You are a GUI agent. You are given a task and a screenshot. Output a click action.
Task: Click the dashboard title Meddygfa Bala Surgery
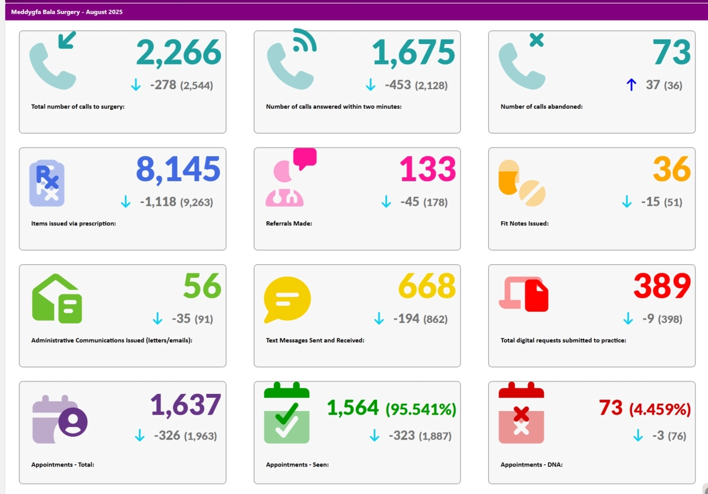point(66,12)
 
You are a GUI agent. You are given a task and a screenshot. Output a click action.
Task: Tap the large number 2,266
point(178,53)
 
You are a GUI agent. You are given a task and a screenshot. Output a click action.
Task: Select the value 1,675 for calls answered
point(413,53)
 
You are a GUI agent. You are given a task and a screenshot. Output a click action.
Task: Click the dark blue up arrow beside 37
point(631,85)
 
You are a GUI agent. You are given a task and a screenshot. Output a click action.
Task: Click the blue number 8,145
point(178,170)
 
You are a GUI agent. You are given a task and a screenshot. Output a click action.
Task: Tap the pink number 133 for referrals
point(428,170)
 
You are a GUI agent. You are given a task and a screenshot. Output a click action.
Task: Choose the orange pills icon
point(521,184)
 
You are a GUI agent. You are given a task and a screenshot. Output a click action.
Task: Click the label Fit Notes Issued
point(524,224)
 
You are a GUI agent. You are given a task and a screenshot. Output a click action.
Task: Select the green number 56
point(202,286)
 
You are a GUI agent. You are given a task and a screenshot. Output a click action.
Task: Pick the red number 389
point(662,286)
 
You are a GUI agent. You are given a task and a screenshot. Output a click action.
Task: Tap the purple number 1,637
point(186,405)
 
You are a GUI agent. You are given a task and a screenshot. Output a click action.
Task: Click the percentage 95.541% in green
point(421,409)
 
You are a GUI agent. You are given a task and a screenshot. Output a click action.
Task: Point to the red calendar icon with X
point(521,414)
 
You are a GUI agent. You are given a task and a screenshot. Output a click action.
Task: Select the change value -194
point(406,318)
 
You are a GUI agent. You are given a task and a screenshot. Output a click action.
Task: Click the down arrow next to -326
point(139,436)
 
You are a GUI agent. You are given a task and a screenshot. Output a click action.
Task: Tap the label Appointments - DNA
point(532,465)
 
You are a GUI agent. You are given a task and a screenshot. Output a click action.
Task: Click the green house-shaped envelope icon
point(57,299)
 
